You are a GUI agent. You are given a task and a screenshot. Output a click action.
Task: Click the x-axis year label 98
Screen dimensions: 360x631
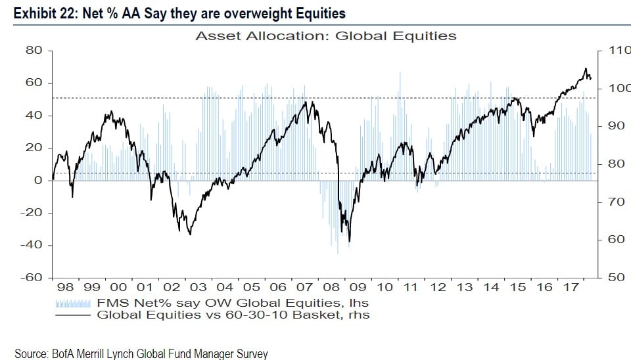tap(65, 288)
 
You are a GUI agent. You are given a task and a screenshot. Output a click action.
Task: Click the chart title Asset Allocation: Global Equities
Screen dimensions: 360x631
tap(325, 36)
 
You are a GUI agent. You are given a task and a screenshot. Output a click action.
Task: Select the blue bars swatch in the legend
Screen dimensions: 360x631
tap(72, 304)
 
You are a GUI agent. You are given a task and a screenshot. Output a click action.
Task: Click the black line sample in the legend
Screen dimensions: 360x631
tap(72, 315)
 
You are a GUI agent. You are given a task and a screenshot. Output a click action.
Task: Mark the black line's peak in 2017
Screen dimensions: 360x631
tap(585, 68)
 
